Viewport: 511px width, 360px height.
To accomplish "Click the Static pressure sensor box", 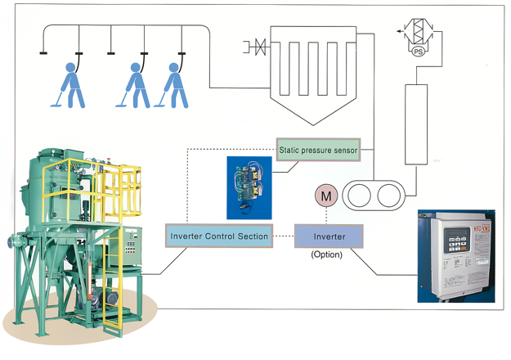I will tap(318, 150).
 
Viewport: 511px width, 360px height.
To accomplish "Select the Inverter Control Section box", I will tap(218, 236).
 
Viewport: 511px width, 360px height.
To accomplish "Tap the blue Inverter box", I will tap(329, 236).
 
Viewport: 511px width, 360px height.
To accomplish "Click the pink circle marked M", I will tap(326, 196).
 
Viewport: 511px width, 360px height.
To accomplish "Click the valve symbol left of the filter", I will tap(257, 47).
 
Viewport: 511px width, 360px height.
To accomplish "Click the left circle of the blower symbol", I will tap(357, 196).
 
